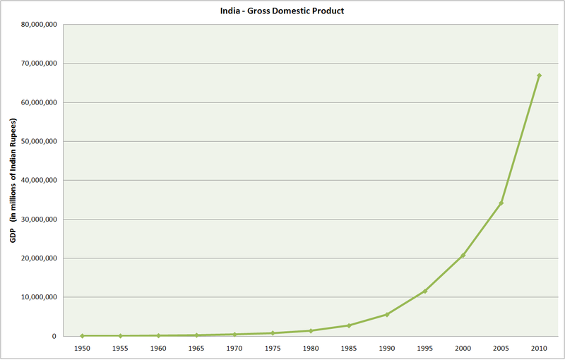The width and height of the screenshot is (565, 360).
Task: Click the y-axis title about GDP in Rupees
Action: pyautogui.click(x=13, y=179)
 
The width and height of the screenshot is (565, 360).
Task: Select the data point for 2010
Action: pyautogui.click(x=539, y=76)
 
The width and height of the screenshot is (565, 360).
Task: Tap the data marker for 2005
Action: pyautogui.click(x=501, y=203)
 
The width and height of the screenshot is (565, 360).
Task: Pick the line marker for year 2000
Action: pyautogui.click(x=463, y=256)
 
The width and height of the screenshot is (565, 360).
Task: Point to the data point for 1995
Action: pyautogui.click(x=424, y=291)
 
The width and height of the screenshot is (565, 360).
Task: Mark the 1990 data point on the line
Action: pyautogui.click(x=386, y=314)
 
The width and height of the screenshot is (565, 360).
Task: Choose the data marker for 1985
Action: pyautogui.click(x=348, y=325)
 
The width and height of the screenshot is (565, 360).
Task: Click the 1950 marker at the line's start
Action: pyautogui.click(x=82, y=336)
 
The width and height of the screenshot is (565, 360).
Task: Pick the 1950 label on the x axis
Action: pyautogui.click(x=82, y=348)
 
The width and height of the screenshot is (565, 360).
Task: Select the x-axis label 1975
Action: pyautogui.click(x=273, y=348)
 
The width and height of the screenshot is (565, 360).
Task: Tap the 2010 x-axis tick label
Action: pyautogui.click(x=539, y=348)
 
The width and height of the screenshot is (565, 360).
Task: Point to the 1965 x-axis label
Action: pyautogui.click(x=196, y=348)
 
